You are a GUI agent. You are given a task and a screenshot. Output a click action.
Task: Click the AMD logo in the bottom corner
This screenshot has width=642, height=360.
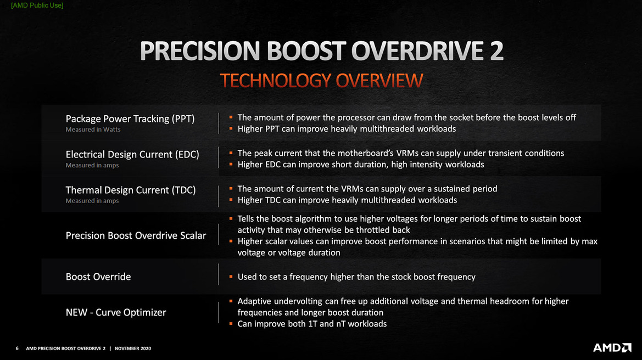pos(612,348)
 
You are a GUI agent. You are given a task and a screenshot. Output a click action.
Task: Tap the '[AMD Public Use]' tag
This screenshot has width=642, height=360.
pos(37,5)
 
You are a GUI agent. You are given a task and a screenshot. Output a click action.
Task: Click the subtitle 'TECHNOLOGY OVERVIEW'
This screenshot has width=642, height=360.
pos(321,81)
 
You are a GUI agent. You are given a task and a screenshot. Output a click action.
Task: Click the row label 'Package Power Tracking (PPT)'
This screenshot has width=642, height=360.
pos(130,119)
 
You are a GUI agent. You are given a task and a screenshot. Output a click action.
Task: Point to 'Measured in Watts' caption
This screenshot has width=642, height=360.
pos(93,130)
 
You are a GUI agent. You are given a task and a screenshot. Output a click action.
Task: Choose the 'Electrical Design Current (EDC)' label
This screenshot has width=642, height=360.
pos(132,154)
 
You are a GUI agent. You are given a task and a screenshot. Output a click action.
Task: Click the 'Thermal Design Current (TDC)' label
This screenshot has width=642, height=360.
pos(131,190)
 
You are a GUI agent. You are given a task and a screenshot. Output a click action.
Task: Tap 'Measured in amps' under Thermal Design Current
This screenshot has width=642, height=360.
pos(92,201)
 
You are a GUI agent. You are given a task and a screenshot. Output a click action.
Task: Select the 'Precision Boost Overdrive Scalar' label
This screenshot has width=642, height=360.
pos(136,235)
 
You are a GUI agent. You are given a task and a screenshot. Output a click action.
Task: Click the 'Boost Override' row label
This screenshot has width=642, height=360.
pos(98,277)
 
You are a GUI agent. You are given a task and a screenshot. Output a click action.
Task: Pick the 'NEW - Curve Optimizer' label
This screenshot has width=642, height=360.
pos(116,312)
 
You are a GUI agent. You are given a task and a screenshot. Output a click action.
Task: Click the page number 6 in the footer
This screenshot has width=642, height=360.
pos(17,348)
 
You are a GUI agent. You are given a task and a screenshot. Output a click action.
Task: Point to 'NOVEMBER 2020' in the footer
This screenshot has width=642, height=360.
pos(133,348)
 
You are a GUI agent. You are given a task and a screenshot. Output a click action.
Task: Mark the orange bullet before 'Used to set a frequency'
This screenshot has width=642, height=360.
pos(231,277)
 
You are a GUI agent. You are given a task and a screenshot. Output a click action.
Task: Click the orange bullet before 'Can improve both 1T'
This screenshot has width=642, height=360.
pos(231,323)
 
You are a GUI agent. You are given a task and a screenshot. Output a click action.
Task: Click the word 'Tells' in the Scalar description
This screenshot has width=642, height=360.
pos(247,218)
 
